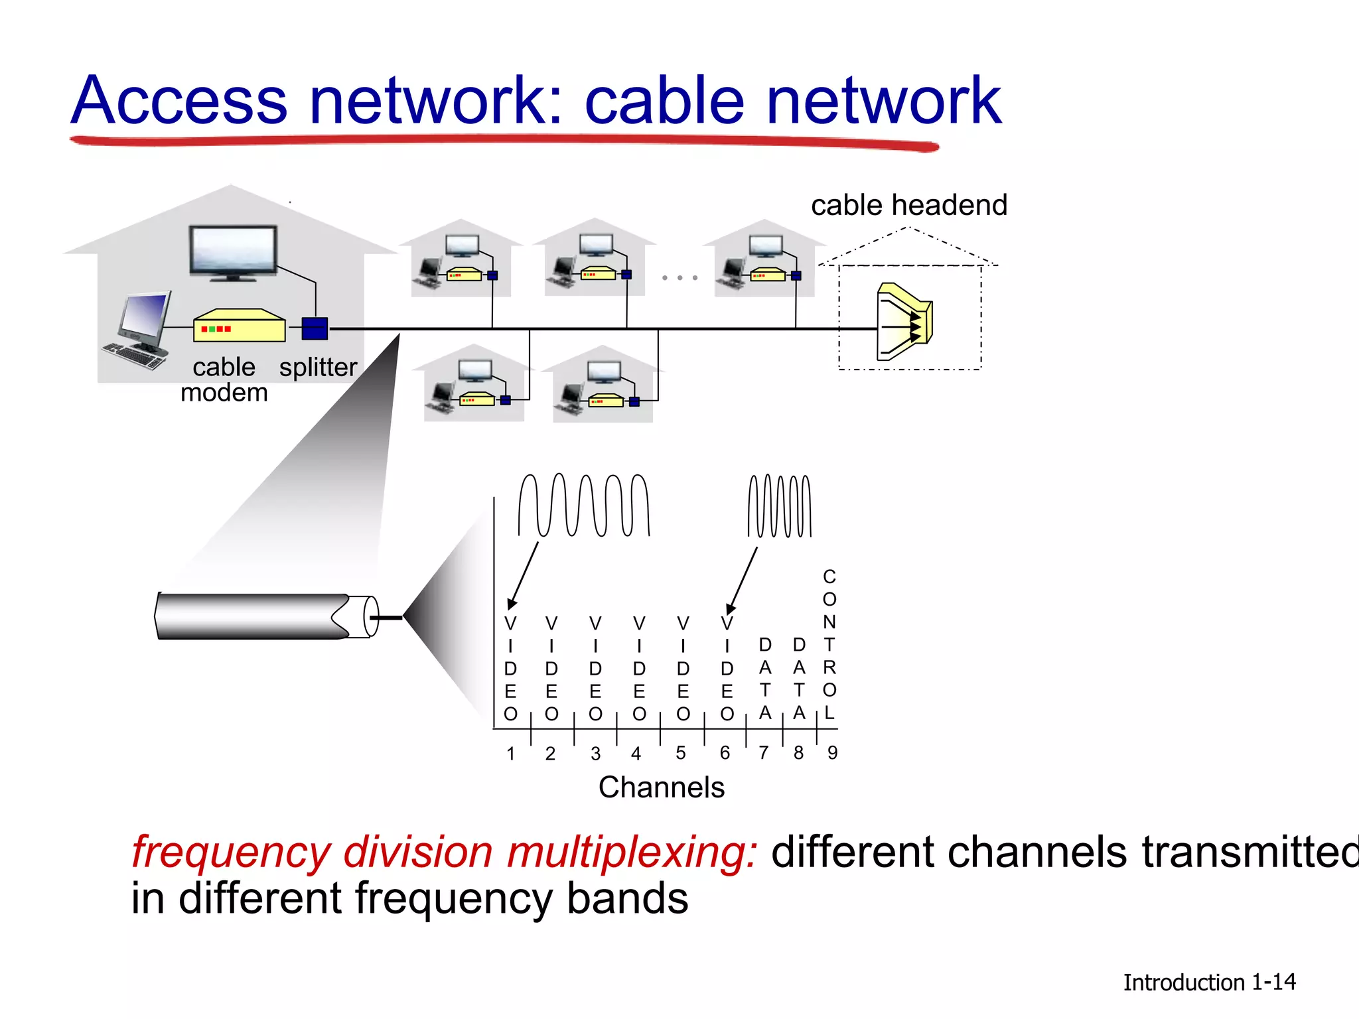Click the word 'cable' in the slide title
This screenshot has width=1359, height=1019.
[x=664, y=101]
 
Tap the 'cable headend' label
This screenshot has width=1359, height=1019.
[x=908, y=205]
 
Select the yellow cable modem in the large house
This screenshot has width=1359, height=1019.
[x=239, y=326]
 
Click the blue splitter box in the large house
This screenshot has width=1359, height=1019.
[x=315, y=328]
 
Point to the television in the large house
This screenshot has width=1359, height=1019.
[x=233, y=252]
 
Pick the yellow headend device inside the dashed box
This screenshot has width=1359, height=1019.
[x=904, y=322]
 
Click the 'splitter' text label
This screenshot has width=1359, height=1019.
[x=318, y=367]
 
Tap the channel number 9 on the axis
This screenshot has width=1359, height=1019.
[x=832, y=753]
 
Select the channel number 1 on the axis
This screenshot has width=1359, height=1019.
[x=510, y=754]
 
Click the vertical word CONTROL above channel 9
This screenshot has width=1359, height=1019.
[x=829, y=644]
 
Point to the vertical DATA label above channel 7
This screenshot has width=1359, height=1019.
[x=765, y=679]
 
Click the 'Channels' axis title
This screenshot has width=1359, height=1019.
[x=661, y=787]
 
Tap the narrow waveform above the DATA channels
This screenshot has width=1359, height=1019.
[x=779, y=506]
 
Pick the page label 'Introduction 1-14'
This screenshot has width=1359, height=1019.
[x=1208, y=982]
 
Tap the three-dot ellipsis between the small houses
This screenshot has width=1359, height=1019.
[x=679, y=277]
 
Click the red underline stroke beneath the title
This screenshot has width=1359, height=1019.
[x=504, y=141]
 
